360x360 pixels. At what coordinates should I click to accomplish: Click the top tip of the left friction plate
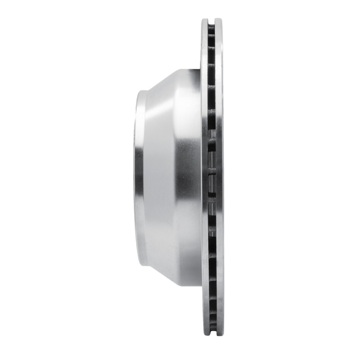coord(205,20)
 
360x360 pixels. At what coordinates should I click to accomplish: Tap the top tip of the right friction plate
coord(219,20)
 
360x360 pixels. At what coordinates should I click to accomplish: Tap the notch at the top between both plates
coord(211,21)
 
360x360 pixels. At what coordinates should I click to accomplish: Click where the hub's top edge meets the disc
coord(201,70)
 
